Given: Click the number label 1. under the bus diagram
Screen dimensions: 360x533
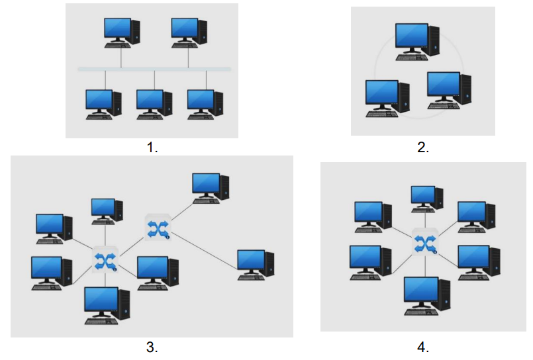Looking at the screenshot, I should [152, 148].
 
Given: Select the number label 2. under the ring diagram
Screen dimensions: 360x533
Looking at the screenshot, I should [423, 148].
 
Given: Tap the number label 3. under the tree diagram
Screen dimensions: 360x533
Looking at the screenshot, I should [152, 347].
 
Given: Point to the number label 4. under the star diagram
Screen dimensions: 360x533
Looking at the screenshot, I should [423, 347].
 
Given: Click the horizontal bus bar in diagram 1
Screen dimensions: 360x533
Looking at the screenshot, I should [154, 69].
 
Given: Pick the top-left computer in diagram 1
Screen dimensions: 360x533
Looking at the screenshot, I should [121, 31].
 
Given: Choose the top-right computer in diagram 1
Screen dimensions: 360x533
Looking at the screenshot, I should [189, 31].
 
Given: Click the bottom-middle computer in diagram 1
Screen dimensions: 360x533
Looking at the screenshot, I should [154, 103].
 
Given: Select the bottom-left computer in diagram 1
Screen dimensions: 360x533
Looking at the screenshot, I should [103, 103].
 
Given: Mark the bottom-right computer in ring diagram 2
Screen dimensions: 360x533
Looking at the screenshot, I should [448, 89].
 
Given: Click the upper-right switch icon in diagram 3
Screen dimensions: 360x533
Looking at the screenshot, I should [158, 228].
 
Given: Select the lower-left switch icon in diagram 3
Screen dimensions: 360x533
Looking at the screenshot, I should [105, 259].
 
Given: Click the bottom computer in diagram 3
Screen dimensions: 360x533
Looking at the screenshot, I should [106, 305].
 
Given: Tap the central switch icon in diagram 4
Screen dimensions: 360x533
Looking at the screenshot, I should [424, 242].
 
